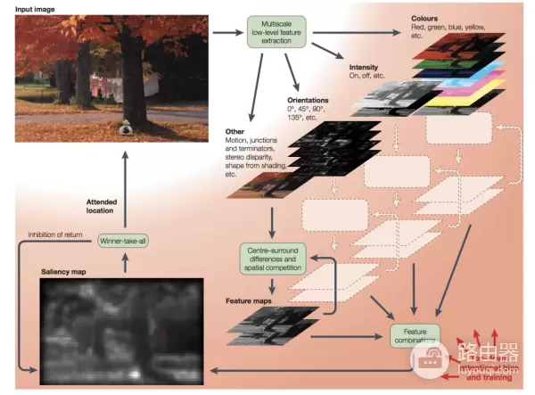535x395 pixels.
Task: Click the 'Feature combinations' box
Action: click(x=416, y=334)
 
